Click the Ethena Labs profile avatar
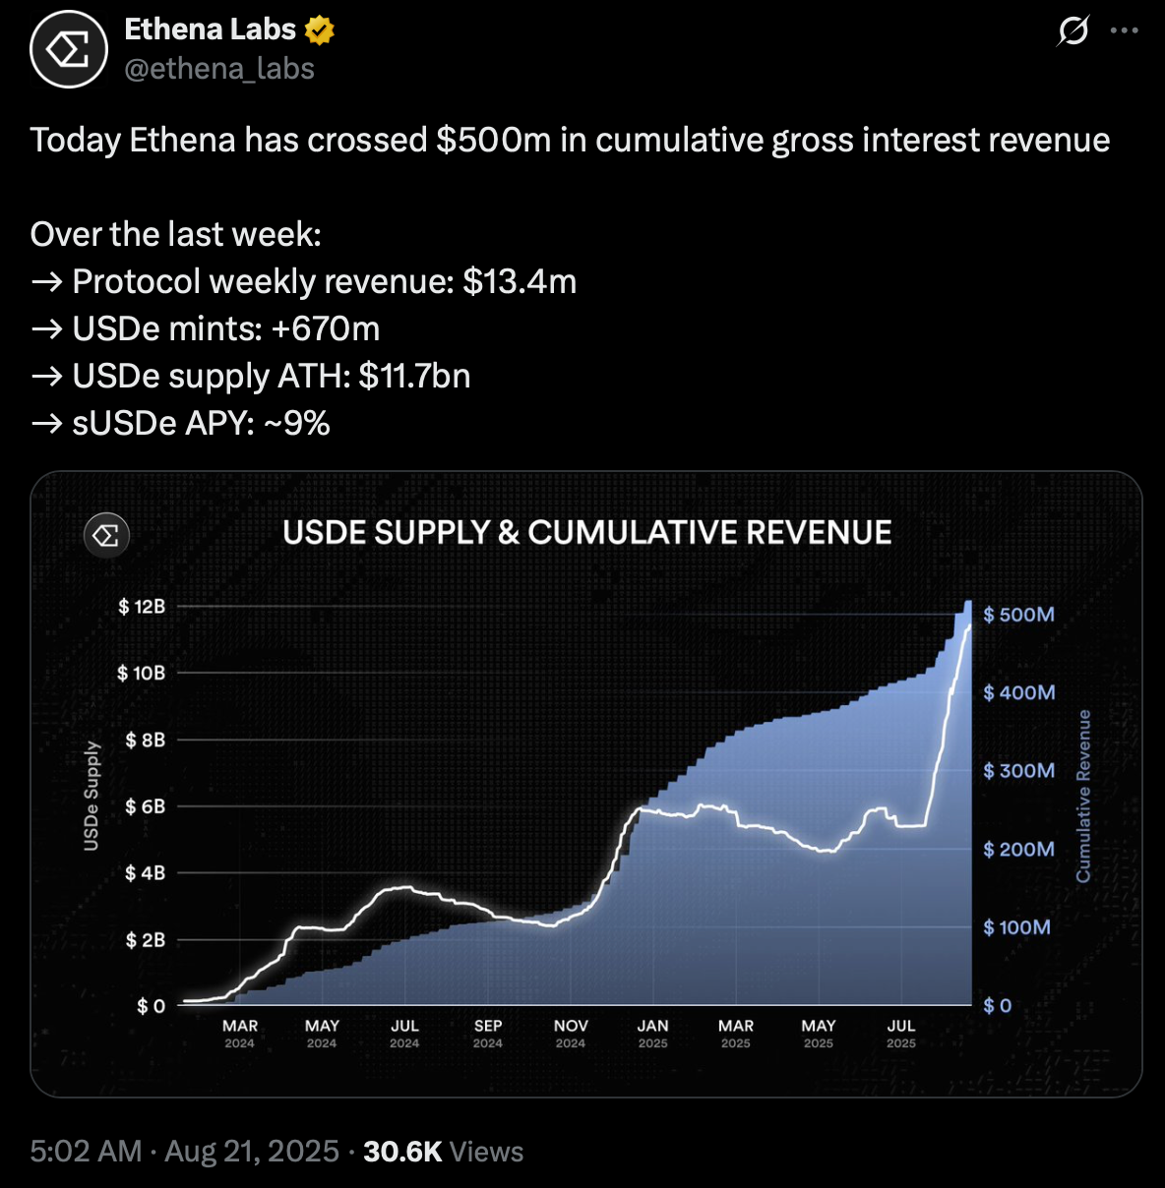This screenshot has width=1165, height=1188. pyautogui.click(x=68, y=49)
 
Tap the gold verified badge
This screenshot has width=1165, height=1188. pyautogui.click(x=320, y=30)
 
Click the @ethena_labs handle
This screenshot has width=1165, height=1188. pyautogui.click(x=219, y=69)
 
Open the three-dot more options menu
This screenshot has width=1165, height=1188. pyautogui.click(x=1124, y=30)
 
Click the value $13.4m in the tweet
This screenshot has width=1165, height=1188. pyautogui.click(x=520, y=282)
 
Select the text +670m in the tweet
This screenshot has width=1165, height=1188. pyautogui.click(x=325, y=329)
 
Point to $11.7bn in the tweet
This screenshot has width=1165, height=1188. pyautogui.click(x=414, y=377)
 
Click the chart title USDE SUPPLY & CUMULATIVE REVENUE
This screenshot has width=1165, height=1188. pyautogui.click(x=586, y=533)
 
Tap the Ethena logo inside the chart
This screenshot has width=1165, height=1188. pyautogui.click(x=106, y=535)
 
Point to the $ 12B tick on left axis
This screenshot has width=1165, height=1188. pyautogui.click(x=142, y=607)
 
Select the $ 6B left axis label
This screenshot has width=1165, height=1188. pyautogui.click(x=145, y=806)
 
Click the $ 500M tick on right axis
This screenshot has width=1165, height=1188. pyautogui.click(x=1018, y=615)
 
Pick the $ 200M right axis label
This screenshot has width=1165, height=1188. pyautogui.click(x=1018, y=849)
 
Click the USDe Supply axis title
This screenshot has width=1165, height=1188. pyautogui.click(x=92, y=796)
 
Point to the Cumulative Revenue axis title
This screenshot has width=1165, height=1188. pyautogui.click(x=1083, y=796)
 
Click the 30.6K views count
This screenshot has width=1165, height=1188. pyautogui.click(x=402, y=1152)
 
